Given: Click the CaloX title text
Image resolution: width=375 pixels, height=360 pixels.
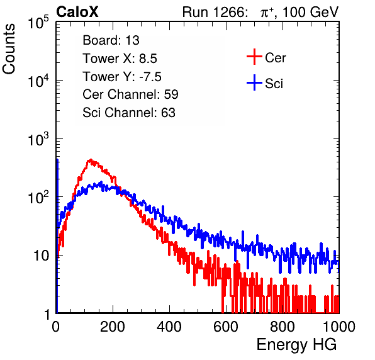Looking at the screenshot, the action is click(77, 11).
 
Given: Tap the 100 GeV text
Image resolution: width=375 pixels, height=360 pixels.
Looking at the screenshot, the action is click(310, 12).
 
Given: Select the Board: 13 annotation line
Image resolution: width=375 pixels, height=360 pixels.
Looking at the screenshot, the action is click(111, 40).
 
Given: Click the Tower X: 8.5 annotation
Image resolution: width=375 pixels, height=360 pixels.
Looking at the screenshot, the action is click(120, 59).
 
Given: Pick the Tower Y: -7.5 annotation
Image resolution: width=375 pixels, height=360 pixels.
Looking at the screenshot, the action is click(122, 77).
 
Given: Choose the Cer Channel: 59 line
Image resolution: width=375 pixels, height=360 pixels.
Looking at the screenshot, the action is click(130, 94).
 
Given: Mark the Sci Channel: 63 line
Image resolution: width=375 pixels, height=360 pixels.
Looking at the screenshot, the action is click(129, 113).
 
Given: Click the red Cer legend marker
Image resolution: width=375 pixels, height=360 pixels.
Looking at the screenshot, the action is click(254, 57).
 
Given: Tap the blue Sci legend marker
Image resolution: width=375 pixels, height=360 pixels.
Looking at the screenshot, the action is click(254, 83).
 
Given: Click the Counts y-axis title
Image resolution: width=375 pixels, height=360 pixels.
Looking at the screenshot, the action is click(9, 48).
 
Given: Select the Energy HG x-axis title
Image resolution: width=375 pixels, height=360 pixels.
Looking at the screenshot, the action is click(296, 345).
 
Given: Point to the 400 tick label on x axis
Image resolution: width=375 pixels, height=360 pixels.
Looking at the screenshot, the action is click(169, 327).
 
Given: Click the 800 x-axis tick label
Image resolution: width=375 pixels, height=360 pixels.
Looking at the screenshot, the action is click(283, 327).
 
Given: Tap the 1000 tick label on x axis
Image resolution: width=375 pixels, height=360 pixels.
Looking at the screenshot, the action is click(339, 327).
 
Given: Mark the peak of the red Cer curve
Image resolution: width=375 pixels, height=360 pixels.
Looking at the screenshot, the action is click(91, 159).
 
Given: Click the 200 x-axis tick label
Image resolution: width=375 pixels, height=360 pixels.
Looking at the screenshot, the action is click(113, 327).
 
